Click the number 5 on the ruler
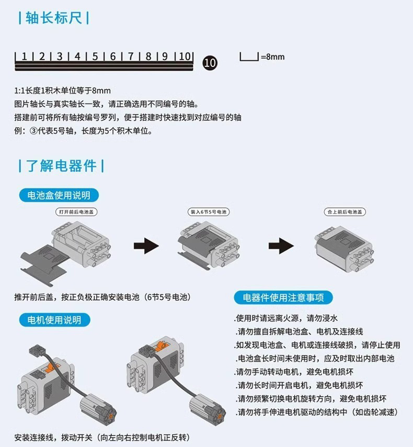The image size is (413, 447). (95, 57)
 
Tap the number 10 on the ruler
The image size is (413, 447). (184, 57)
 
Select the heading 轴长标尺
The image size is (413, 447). (53, 18)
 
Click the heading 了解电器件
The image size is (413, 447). (61, 166)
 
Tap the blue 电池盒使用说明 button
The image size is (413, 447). (59, 195)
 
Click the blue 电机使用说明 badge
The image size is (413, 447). (54, 319)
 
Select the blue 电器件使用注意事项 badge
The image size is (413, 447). (283, 298)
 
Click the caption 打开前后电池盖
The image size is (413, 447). (77, 212)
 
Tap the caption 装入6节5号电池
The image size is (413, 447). (208, 212)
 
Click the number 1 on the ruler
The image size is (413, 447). (24, 57)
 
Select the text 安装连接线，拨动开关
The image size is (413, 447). (102, 437)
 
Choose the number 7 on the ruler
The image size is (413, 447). (131, 57)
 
